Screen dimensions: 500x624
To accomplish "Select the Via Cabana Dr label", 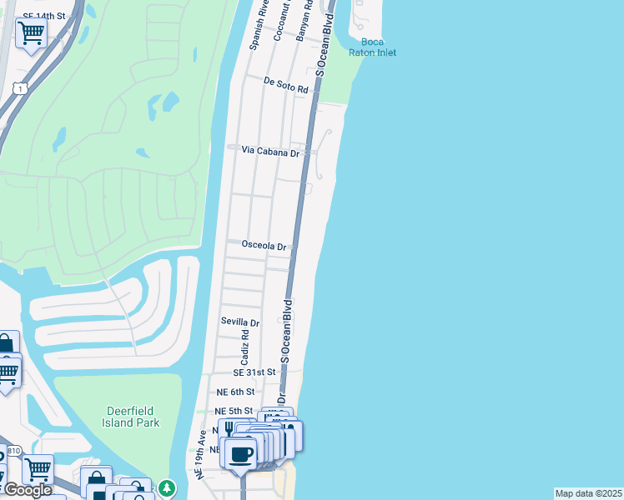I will (x=269, y=151).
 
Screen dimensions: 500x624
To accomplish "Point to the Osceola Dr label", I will (x=264, y=246).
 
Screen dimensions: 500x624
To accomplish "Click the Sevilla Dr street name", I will (x=240, y=322).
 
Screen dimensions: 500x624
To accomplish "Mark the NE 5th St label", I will (x=234, y=411).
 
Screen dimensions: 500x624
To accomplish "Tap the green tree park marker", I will (x=168, y=487).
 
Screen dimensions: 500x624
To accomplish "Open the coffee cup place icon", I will (x=242, y=455).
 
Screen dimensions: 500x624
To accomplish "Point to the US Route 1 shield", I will (x=18, y=87).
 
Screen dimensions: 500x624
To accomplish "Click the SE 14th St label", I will (x=44, y=16).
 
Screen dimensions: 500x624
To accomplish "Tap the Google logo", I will (x=28, y=490).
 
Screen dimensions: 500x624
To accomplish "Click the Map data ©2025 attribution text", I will (x=589, y=493).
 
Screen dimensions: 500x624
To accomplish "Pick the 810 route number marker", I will (x=13, y=451).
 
